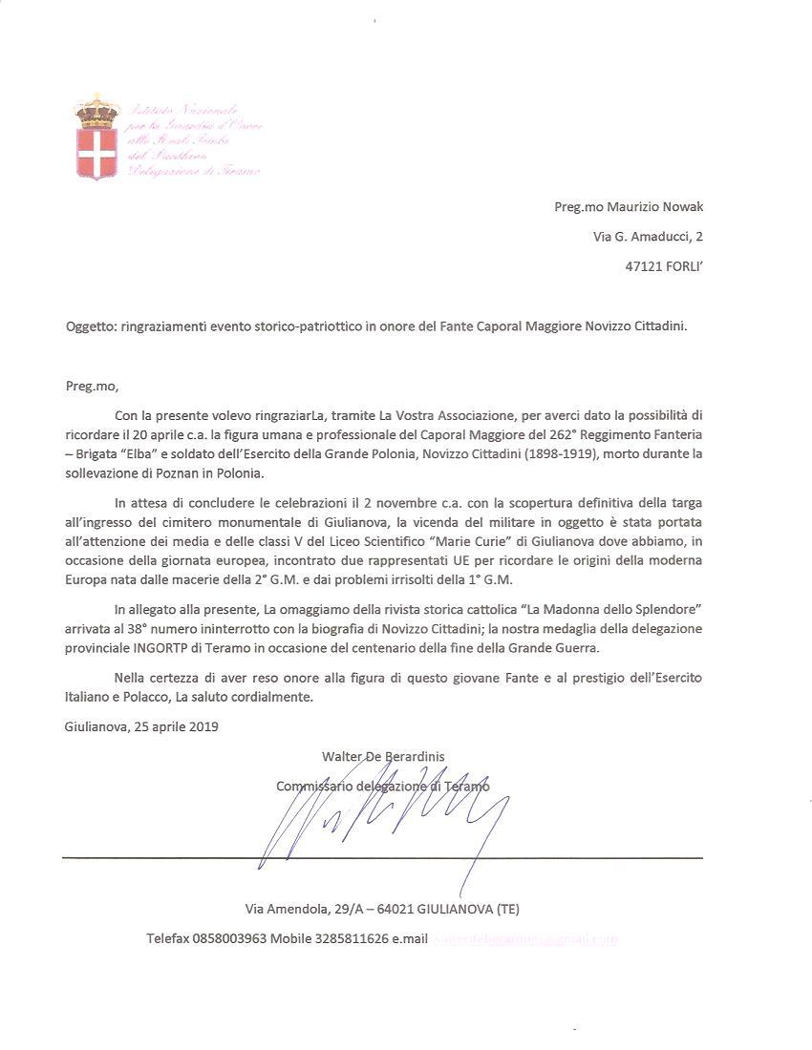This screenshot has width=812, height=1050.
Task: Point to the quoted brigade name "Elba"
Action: (x=177, y=452)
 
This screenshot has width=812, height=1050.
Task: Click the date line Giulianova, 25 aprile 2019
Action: (x=141, y=726)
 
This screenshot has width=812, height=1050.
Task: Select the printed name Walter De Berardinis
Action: (x=383, y=756)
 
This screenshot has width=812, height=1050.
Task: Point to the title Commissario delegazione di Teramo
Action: (x=382, y=786)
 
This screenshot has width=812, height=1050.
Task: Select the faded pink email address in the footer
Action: (x=524, y=938)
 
